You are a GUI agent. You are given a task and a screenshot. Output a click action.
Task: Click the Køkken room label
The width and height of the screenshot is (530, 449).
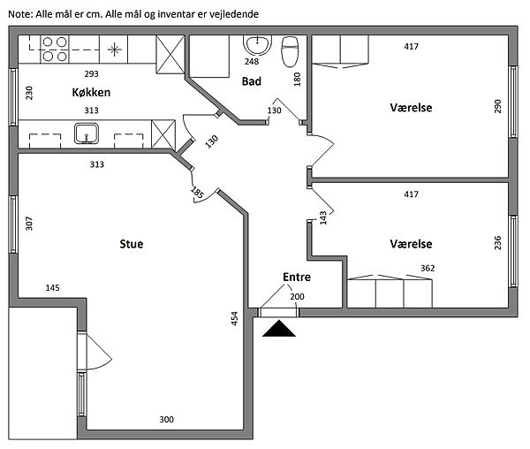90,92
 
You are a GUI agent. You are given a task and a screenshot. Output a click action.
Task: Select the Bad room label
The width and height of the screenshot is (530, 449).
251,81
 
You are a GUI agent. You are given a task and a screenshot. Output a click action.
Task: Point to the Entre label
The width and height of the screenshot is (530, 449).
296,278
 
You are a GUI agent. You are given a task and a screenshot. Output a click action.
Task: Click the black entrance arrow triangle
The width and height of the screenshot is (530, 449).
281,329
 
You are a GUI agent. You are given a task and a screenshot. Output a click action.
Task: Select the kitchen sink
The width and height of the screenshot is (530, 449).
86,133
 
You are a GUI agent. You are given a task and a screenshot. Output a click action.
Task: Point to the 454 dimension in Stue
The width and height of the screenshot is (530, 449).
234,319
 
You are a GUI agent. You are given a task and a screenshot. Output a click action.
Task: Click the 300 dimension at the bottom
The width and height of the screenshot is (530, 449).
166,419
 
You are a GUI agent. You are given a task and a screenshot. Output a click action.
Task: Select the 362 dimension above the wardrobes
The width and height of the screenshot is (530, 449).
427,268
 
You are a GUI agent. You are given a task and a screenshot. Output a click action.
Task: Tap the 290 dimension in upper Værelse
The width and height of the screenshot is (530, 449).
497,107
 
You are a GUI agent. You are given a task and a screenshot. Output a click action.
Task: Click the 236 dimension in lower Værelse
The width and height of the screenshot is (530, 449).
497,242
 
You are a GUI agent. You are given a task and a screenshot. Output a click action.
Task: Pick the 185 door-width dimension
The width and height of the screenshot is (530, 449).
196,192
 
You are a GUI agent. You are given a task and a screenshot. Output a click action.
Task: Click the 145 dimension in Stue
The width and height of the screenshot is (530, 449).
52,288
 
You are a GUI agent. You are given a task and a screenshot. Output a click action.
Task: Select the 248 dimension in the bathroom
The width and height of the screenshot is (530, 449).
253,62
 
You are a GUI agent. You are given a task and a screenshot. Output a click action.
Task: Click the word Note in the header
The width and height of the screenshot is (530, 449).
18,14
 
